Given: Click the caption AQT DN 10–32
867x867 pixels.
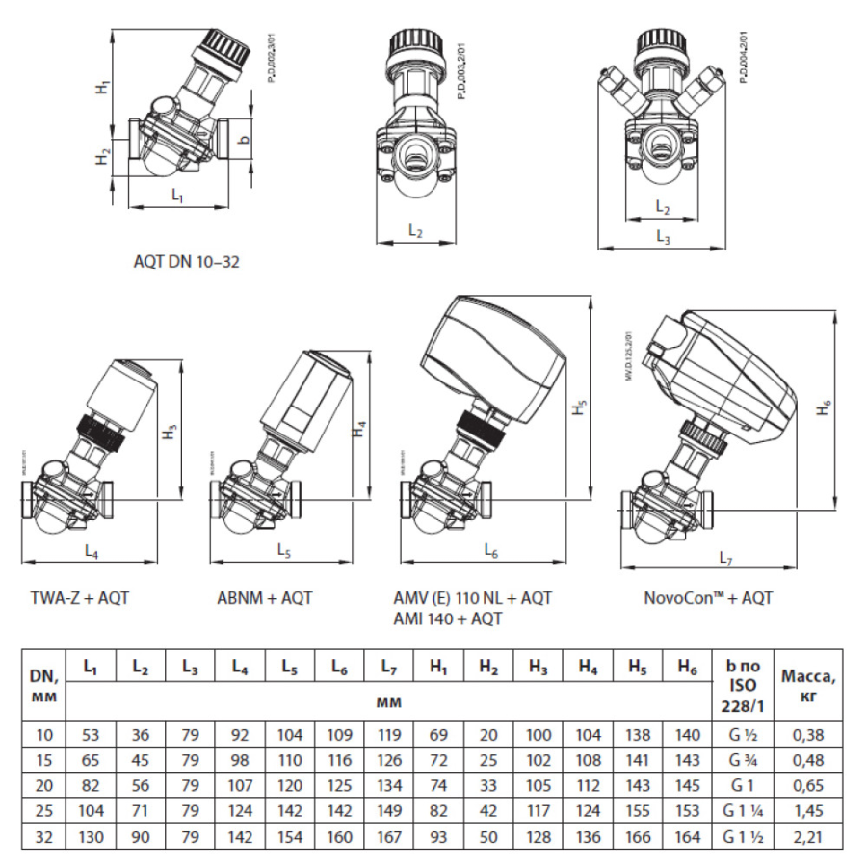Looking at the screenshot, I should point(186,261).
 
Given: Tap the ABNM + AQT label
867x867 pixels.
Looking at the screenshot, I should point(265,598).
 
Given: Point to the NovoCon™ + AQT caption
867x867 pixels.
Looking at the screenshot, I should point(708,598).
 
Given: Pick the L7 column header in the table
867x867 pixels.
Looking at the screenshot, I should point(389,667).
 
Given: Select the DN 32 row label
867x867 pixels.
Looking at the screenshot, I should point(45,835).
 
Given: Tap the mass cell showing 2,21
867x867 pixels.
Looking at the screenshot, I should point(807,835).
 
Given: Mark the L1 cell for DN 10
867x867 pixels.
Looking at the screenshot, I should point(92,735).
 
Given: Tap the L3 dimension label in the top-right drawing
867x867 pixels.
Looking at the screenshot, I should point(664,236).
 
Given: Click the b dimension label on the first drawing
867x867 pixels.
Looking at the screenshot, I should point(244,138).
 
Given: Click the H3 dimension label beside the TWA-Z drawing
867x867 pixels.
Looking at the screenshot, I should point(170,433).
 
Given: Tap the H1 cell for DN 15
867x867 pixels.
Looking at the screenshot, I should point(438,760).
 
